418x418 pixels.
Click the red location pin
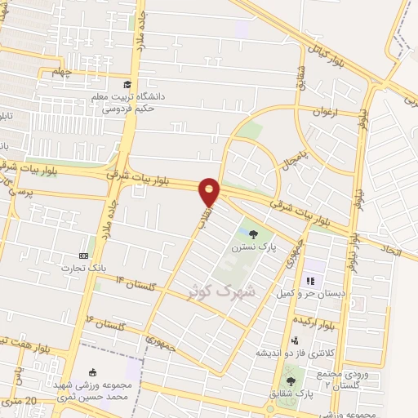tap(210, 191)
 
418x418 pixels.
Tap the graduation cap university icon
tap(127, 84)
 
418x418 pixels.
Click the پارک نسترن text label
tap(247, 245)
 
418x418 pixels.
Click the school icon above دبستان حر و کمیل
tap(310, 282)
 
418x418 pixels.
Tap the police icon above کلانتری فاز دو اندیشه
tap(294, 341)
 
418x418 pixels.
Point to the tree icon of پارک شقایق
tap(291, 381)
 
